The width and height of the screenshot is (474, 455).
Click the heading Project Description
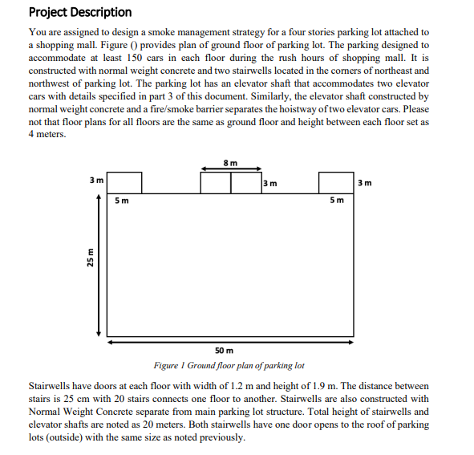coord(79,12)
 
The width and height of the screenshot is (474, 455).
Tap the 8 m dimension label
coord(230,162)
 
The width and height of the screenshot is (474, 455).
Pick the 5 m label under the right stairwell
coord(338,200)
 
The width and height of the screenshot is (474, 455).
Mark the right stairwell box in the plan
coord(336,182)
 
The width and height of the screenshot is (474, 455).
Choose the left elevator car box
coord(216,182)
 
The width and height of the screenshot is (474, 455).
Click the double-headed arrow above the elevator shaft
coord(231,169)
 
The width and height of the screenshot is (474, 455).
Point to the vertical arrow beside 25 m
coord(99,265)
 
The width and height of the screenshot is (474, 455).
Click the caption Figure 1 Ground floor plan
coord(229,365)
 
